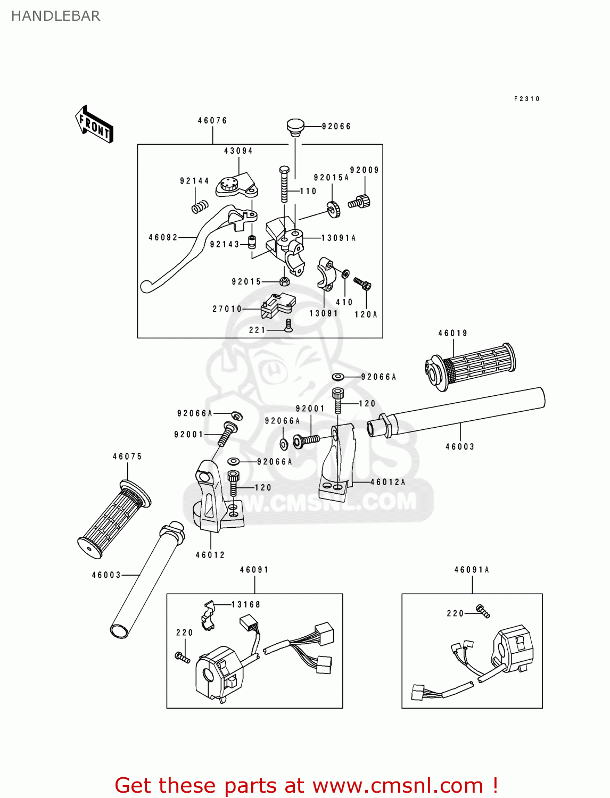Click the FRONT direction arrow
(94, 124)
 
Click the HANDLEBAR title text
(56, 16)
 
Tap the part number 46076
(212, 120)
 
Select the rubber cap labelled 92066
(295, 127)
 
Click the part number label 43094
(238, 151)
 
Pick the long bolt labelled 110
(284, 184)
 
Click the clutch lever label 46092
(163, 237)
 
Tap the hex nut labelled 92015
(284, 281)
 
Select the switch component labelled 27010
(277, 306)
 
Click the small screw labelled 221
(288, 326)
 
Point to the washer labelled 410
(345, 272)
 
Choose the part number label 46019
(452, 333)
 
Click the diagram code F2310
(527, 99)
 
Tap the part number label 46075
(127, 456)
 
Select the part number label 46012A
(388, 482)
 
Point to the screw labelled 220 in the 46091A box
(483, 611)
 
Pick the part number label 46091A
(472, 570)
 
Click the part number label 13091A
(339, 238)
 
